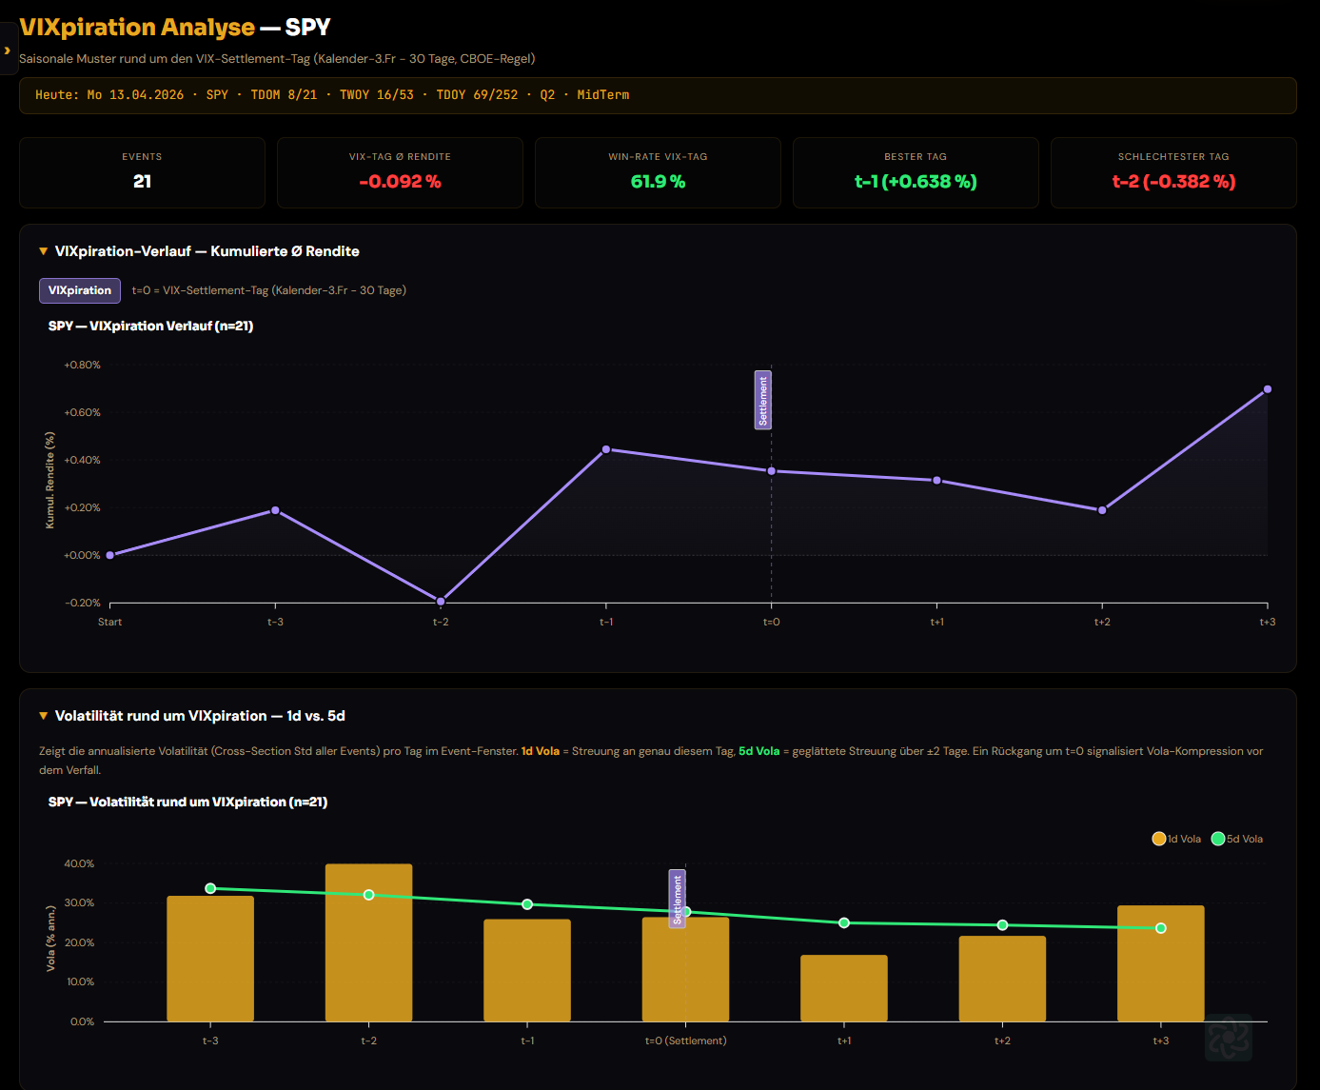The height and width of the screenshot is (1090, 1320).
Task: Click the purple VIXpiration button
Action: tap(80, 290)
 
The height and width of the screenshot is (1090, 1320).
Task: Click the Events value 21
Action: tap(142, 182)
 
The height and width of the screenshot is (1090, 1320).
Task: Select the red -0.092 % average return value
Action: tap(400, 182)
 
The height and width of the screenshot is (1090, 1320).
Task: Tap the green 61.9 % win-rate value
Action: tap(659, 182)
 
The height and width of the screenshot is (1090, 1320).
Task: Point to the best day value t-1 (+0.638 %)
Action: tap(916, 182)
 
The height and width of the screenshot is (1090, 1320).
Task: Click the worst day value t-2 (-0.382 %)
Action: tap(1173, 182)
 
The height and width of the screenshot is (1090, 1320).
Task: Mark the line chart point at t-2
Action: tap(441, 602)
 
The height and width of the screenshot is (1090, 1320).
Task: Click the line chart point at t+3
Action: tap(1267, 389)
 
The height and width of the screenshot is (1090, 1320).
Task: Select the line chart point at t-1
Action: tap(606, 449)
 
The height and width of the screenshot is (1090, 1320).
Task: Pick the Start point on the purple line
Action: tap(110, 555)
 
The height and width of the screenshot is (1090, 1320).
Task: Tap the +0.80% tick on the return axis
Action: tap(82, 365)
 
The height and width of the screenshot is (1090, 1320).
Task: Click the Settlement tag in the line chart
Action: tap(763, 400)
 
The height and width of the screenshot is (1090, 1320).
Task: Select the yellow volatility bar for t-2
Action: tap(368, 942)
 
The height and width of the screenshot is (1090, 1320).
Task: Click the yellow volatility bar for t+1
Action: tap(844, 988)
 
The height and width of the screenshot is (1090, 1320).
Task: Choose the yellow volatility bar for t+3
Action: tap(1161, 963)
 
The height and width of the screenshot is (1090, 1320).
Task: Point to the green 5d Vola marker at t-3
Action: tap(210, 888)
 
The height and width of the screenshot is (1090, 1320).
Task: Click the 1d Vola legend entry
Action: tap(1176, 839)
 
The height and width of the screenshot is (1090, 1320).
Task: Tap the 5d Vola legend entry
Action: tap(1237, 839)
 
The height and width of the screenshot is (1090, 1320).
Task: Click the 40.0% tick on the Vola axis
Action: tap(79, 863)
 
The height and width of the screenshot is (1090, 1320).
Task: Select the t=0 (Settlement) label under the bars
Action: tap(686, 1040)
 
